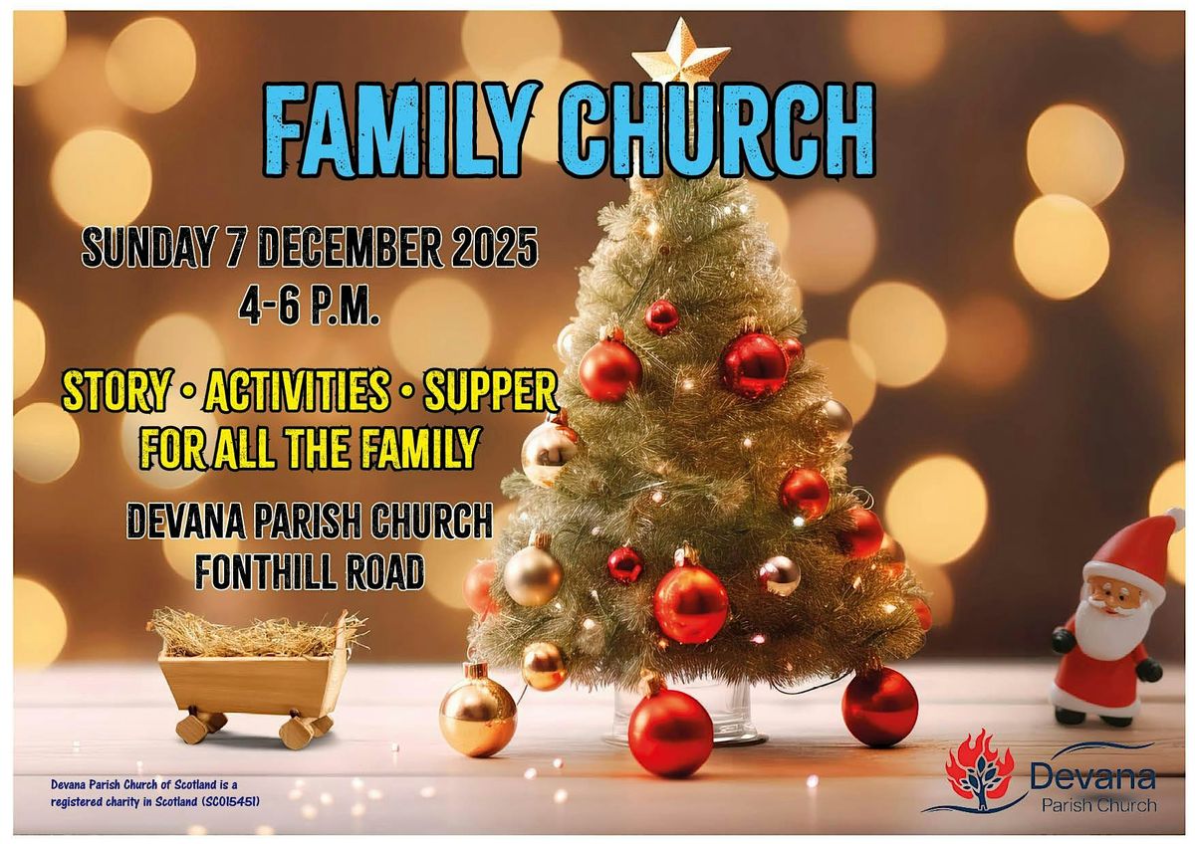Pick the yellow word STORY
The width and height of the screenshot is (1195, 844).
pyautogui.click(x=116, y=393)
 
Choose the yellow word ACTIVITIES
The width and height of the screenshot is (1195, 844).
pyautogui.click(x=297, y=393)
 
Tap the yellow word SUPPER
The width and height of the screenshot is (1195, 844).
pyautogui.click(x=490, y=393)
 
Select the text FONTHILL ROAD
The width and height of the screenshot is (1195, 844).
pyautogui.click(x=310, y=571)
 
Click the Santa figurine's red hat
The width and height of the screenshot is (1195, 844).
pyautogui.click(x=1135, y=543)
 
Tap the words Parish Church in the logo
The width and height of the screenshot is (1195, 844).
pyautogui.click(x=1093, y=804)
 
